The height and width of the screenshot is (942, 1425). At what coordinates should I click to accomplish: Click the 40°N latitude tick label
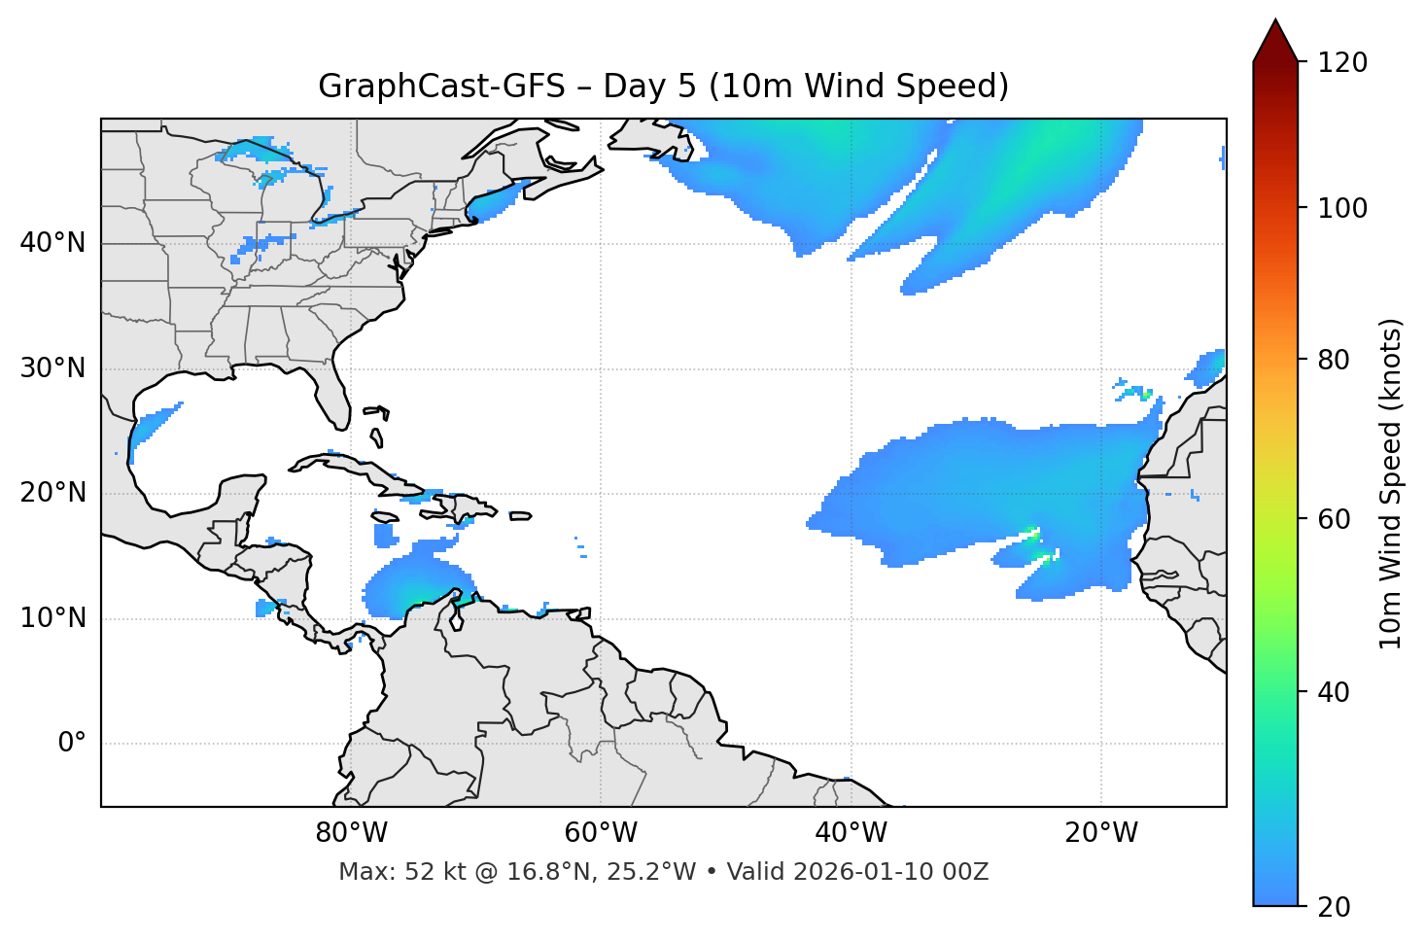coord(52,243)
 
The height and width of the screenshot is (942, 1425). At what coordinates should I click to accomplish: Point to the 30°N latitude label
coord(52,368)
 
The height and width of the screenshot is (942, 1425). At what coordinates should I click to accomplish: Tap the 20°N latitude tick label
coord(52,494)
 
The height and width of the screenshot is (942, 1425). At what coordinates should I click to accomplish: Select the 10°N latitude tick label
coord(52,618)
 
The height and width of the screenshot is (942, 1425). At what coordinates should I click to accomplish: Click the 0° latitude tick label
coord(72,744)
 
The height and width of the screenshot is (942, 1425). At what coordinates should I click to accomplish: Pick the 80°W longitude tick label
coord(351,833)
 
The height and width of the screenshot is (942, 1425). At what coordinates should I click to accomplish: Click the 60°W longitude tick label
coord(601,833)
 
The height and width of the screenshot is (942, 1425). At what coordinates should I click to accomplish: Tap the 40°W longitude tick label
coord(851,833)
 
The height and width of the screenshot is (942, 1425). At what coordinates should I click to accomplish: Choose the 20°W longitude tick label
coord(1100,833)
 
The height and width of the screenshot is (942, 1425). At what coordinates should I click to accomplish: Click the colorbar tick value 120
coord(1342,63)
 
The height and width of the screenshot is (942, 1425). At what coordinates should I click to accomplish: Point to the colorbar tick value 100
coord(1342,208)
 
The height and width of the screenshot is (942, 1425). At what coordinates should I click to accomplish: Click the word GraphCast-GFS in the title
coord(441,87)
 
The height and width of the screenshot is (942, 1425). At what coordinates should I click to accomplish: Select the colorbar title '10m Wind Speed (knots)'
coord(1391,483)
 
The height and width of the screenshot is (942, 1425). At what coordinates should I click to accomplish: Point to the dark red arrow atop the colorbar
coord(1275,42)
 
